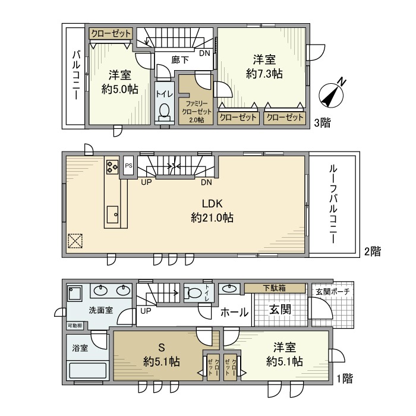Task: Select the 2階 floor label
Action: coord(371,251)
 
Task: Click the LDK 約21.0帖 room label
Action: coord(212,210)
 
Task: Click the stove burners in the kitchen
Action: coord(112,167)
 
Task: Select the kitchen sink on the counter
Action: coord(112,213)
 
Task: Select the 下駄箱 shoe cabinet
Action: coord(274,288)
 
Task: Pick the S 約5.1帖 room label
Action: coord(161,355)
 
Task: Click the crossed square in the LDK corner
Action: coord(75,241)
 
